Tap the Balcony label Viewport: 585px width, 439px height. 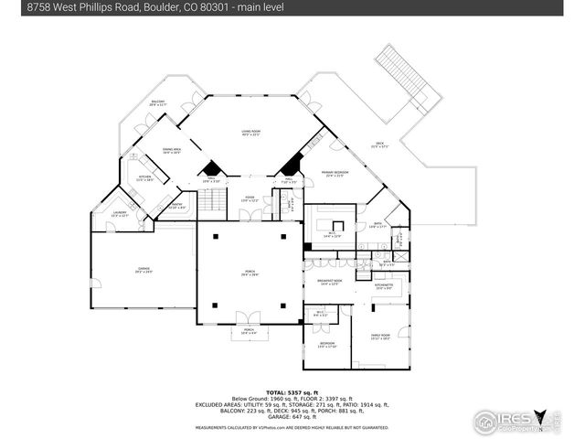point(156,104)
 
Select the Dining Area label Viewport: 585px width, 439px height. point(171,151)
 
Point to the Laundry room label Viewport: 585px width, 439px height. point(120,214)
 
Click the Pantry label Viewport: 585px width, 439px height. point(177,207)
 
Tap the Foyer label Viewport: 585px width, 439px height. point(248,199)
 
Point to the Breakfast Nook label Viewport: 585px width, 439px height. point(330,283)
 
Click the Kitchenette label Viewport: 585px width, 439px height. point(384,287)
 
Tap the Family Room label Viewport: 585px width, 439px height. point(379,337)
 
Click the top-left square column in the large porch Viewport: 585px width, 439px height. point(215,237)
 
